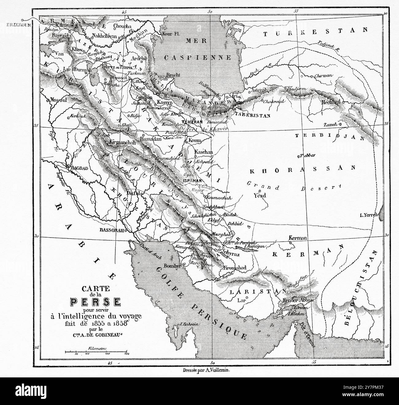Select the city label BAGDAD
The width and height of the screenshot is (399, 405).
click(79, 168)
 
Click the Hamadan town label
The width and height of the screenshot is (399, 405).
click(150, 139)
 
